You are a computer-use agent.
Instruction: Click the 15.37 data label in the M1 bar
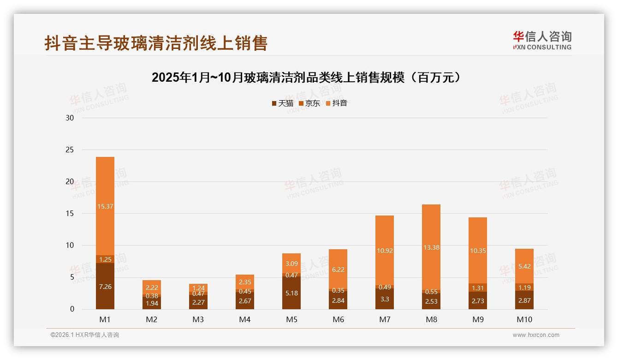point(105,206)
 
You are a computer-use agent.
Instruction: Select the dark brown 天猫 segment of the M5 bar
point(291,293)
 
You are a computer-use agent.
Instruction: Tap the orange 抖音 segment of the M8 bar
point(431,247)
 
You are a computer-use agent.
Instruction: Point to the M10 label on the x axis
point(524,319)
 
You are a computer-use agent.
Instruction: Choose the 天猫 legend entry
point(282,103)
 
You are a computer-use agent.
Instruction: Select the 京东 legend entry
point(309,103)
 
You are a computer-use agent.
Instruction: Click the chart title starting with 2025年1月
point(306,78)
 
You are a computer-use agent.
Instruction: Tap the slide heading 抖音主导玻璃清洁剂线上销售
point(156,43)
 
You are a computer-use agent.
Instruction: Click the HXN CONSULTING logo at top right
point(542,40)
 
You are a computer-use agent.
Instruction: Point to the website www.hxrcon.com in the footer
point(536,335)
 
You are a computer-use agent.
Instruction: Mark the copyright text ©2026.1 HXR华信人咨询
point(85,335)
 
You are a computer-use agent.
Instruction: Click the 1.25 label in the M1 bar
point(105,259)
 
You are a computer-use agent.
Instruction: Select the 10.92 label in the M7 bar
point(385,251)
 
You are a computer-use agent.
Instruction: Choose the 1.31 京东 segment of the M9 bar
point(478,288)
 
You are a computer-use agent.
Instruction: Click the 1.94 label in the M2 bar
point(152,303)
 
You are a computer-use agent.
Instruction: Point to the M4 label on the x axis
point(245,319)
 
